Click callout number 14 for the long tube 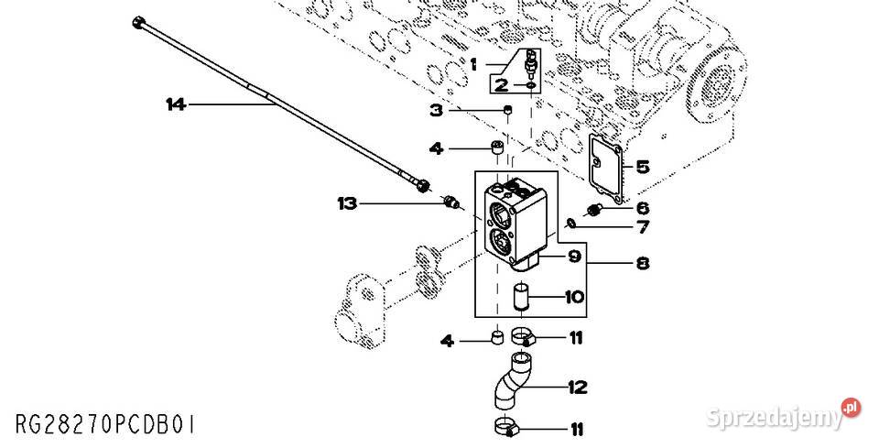pos(175,104)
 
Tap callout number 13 pos(346,203)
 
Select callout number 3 pos(437,111)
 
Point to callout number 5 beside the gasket pos(642,167)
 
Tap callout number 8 pos(642,264)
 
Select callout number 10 pos(573,297)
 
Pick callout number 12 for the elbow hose pos(576,388)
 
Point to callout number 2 pos(501,85)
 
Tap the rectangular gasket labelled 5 pos(603,169)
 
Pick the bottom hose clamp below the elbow pos(505,426)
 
